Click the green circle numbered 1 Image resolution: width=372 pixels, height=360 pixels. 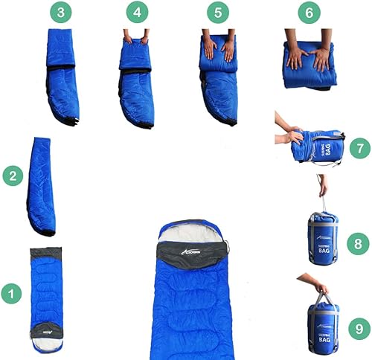click(10, 293)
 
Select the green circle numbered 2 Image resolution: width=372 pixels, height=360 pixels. click(10, 176)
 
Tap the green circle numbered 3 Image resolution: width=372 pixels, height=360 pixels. click(60, 13)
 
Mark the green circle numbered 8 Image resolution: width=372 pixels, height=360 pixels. click(359, 242)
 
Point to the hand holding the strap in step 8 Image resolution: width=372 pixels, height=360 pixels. click(322, 192)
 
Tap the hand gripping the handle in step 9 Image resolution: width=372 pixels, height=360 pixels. click(318, 286)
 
